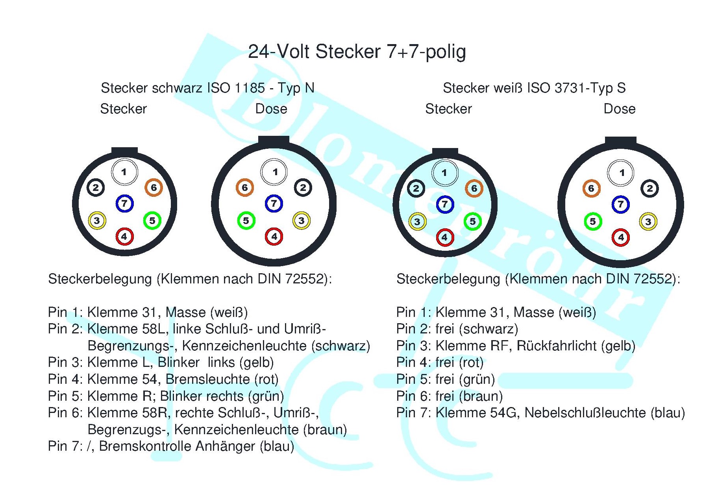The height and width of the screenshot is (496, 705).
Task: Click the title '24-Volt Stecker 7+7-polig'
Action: [x=357, y=52]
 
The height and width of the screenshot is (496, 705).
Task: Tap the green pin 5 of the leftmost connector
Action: [x=152, y=220]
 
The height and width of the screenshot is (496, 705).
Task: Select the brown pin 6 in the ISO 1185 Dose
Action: [x=245, y=187]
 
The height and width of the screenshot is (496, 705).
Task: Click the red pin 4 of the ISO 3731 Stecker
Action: [x=445, y=237]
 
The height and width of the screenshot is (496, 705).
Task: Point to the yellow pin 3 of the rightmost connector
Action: [x=648, y=222]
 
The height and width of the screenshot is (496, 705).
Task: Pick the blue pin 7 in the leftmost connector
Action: [x=124, y=204]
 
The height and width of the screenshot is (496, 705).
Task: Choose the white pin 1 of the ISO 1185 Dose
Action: [x=274, y=172]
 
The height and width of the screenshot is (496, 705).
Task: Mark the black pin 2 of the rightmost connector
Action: [x=650, y=189]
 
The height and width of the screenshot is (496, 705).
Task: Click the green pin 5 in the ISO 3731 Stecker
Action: [x=473, y=221]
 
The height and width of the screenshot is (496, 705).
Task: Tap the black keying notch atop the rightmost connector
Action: [x=620, y=141]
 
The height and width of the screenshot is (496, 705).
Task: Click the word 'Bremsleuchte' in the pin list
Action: [x=207, y=379]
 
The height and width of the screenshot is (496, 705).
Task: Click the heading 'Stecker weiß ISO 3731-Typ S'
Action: [x=534, y=88]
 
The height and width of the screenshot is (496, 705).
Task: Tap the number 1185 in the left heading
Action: [x=250, y=88]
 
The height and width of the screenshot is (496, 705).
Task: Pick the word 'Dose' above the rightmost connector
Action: [x=620, y=109]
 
